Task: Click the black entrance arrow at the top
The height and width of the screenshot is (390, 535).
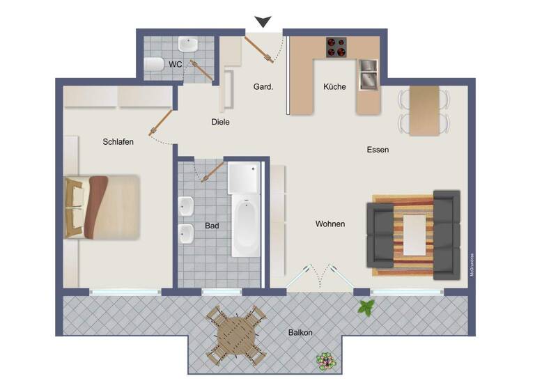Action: pyautogui.click(x=263, y=22)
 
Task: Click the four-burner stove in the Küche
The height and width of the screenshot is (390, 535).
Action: pyautogui.click(x=336, y=47)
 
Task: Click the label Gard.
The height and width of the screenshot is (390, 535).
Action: pyautogui.click(x=263, y=87)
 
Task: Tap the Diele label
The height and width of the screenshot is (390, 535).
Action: pyautogui.click(x=220, y=122)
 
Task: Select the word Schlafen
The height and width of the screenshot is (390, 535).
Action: pyautogui.click(x=118, y=141)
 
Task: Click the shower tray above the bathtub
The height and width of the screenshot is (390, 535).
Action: pyautogui.click(x=244, y=178)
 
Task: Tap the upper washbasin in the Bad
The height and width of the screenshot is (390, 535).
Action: pyautogui.click(x=186, y=207)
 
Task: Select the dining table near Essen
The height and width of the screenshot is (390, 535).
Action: pyautogui.click(x=424, y=110)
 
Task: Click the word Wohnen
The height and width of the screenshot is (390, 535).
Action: pyautogui.click(x=330, y=224)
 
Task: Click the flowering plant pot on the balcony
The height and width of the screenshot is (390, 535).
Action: pyautogui.click(x=324, y=361)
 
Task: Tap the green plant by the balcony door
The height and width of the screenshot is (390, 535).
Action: pyautogui.click(x=365, y=306)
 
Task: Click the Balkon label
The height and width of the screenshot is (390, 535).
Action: pyautogui.click(x=300, y=332)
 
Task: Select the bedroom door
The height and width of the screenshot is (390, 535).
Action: pyautogui.click(x=161, y=123)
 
